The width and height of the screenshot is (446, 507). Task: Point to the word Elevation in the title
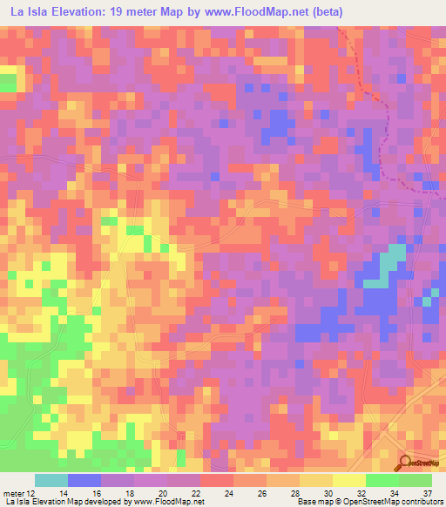coord(76,12)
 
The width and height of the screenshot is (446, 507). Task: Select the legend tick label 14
coord(64,492)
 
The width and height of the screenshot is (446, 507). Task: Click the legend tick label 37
coord(429,492)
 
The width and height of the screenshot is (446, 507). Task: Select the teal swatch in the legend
coord(51,480)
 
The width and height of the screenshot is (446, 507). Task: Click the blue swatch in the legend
coord(84,480)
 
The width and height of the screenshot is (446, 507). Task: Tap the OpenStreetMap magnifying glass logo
coord(404,463)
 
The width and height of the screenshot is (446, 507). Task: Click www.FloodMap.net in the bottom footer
coord(166,503)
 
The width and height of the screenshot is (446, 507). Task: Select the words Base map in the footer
coord(312,503)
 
